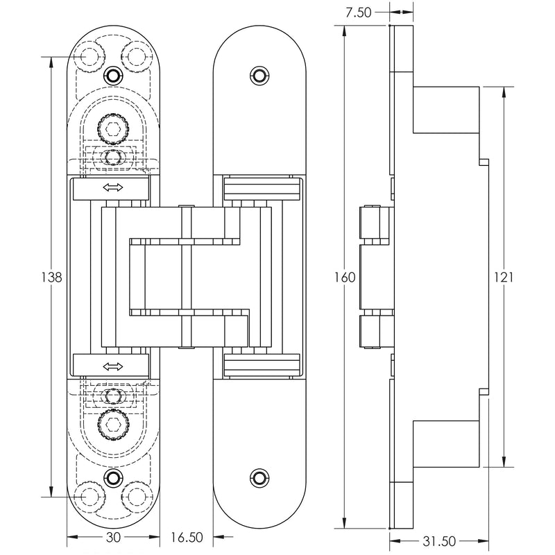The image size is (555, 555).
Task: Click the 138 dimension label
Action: [52, 277]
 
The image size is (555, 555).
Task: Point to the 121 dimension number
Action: [504, 277]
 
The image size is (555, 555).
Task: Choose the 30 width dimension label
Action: [114, 536]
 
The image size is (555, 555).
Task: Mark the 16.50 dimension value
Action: [187, 536]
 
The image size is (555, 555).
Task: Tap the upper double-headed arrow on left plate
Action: [112, 188]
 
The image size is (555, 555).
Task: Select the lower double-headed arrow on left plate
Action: [112, 366]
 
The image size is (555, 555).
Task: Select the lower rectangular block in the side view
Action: [446, 443]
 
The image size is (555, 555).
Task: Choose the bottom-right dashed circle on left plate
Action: [137, 497]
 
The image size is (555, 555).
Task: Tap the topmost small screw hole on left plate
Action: [113, 75]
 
